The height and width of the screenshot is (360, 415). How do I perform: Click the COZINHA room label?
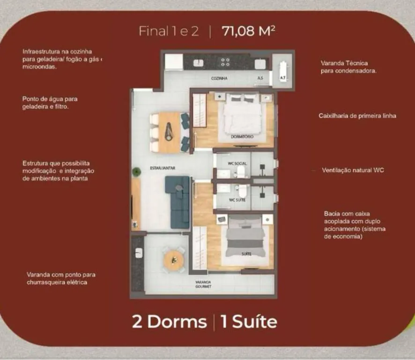[x=219, y=78]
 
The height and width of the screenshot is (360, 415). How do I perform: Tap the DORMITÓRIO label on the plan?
[x=242, y=137]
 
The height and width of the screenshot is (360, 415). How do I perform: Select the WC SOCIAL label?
[x=237, y=164]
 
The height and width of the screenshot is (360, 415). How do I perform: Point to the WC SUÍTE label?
[x=237, y=200]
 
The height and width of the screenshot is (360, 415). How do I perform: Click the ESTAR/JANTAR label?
[x=163, y=168]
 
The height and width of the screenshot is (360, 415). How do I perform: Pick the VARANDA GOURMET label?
[x=203, y=284]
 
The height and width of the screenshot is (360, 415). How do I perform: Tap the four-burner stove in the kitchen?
[x=225, y=62]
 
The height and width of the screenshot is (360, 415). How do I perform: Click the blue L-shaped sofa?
[x=178, y=202]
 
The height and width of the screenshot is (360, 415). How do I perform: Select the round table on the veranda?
[x=173, y=260]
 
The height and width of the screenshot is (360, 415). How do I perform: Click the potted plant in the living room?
[x=136, y=172]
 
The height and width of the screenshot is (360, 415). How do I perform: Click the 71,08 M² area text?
[x=249, y=31]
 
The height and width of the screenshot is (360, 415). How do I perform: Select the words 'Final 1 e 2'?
[x=169, y=31]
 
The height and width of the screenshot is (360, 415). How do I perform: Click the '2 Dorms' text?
[x=170, y=322]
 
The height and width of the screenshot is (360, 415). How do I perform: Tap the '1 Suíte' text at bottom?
[x=249, y=322]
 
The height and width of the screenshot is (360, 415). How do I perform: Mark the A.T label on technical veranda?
[x=282, y=78]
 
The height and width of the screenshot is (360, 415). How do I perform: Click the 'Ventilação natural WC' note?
[x=353, y=170]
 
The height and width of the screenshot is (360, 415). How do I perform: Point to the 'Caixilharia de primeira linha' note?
[x=357, y=116]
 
